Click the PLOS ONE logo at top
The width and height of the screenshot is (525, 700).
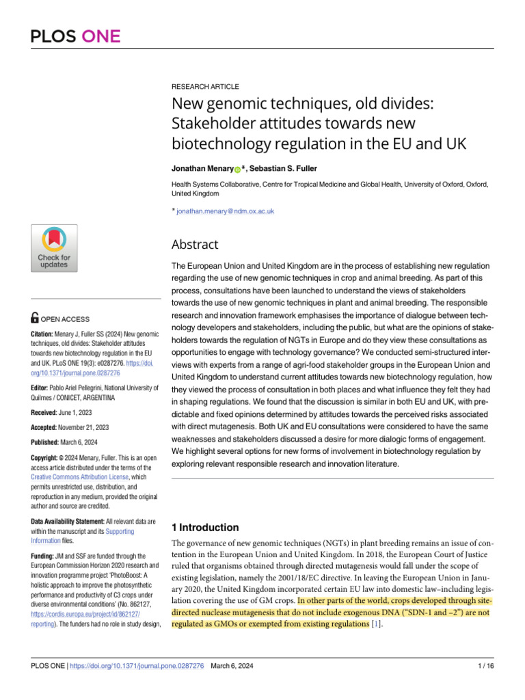pos(75,36)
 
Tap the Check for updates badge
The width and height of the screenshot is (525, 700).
pos(55,250)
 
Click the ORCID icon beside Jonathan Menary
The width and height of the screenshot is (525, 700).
pos(237,168)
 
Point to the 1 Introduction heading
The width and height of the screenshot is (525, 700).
pos(204,527)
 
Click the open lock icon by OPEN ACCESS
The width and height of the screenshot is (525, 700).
pos(36,318)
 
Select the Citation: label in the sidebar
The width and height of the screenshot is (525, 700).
pos(45,334)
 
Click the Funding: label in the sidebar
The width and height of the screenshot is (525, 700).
pos(45,557)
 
